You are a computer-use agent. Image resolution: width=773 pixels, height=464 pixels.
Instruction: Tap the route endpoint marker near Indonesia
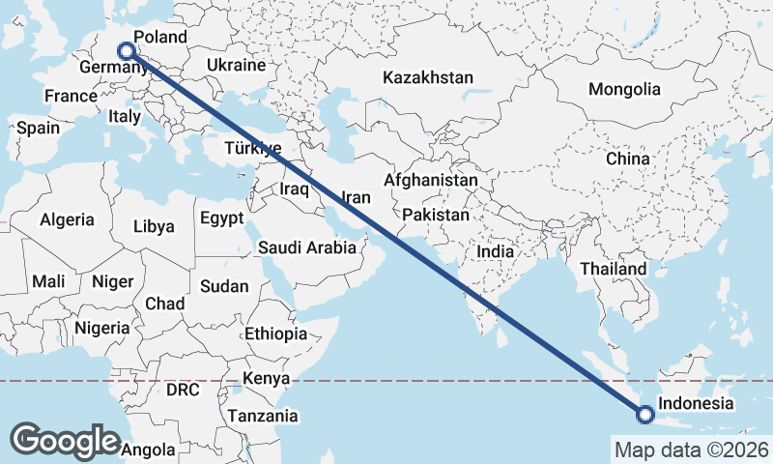[x=645, y=416]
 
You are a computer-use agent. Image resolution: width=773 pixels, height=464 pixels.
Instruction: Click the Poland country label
[x=160, y=37]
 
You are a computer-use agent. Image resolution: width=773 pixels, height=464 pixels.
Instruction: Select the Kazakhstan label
[x=427, y=77]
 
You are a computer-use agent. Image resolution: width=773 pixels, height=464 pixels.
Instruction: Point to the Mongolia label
[x=624, y=89]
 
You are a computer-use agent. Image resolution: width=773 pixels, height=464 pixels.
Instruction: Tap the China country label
[x=628, y=158]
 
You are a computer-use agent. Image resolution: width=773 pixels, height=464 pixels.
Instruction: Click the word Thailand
[x=614, y=268]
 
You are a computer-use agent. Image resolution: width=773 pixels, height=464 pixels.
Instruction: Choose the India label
[x=495, y=251]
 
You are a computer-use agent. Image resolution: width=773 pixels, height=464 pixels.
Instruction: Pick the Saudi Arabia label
[x=307, y=247]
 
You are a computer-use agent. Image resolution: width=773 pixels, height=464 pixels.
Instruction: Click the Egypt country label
[x=222, y=218]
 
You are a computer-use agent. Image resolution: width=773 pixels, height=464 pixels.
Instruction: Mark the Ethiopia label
[x=275, y=333]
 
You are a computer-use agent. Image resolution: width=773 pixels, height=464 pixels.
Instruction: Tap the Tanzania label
[x=262, y=417]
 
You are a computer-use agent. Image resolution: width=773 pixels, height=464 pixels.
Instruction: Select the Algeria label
[x=67, y=220]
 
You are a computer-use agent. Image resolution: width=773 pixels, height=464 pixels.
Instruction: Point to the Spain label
[x=38, y=128]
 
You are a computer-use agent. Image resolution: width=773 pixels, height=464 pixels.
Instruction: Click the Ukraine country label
[x=236, y=66]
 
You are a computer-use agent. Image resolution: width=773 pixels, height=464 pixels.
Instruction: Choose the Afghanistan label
[x=431, y=180]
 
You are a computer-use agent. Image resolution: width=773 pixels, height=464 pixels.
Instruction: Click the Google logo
[x=65, y=440]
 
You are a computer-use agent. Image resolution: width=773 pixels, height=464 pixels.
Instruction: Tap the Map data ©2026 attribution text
[x=691, y=449]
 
